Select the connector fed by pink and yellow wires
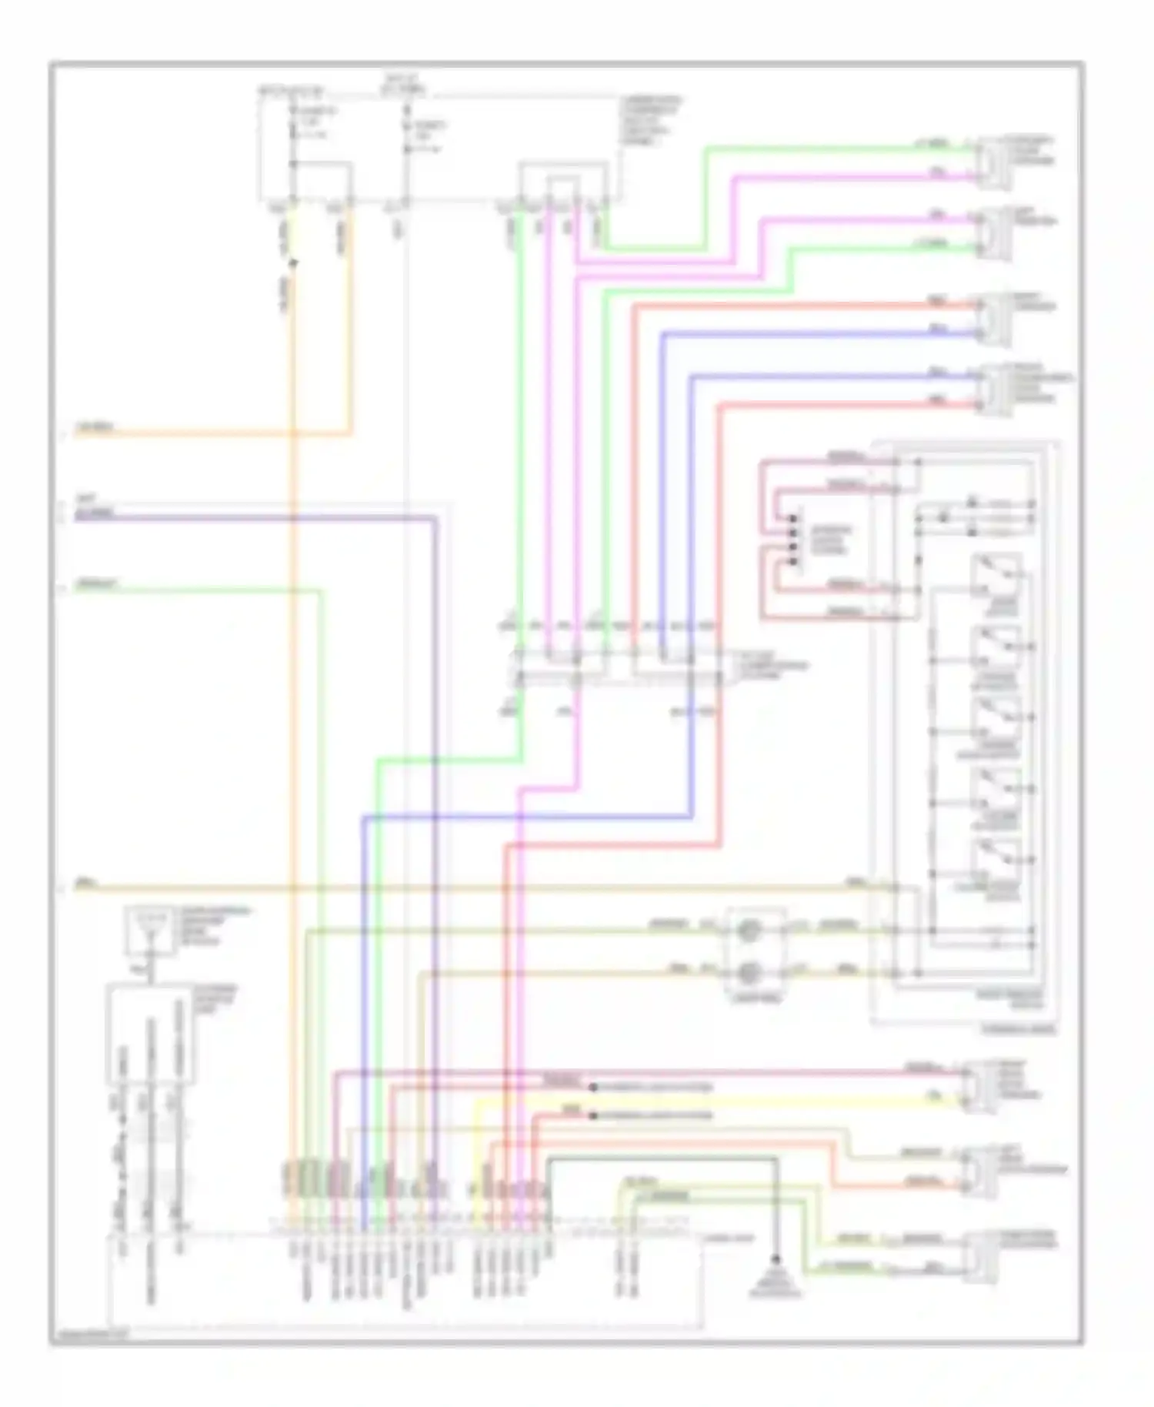[977, 1085]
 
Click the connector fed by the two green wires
[977, 1256]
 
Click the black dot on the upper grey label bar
[593, 1088]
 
